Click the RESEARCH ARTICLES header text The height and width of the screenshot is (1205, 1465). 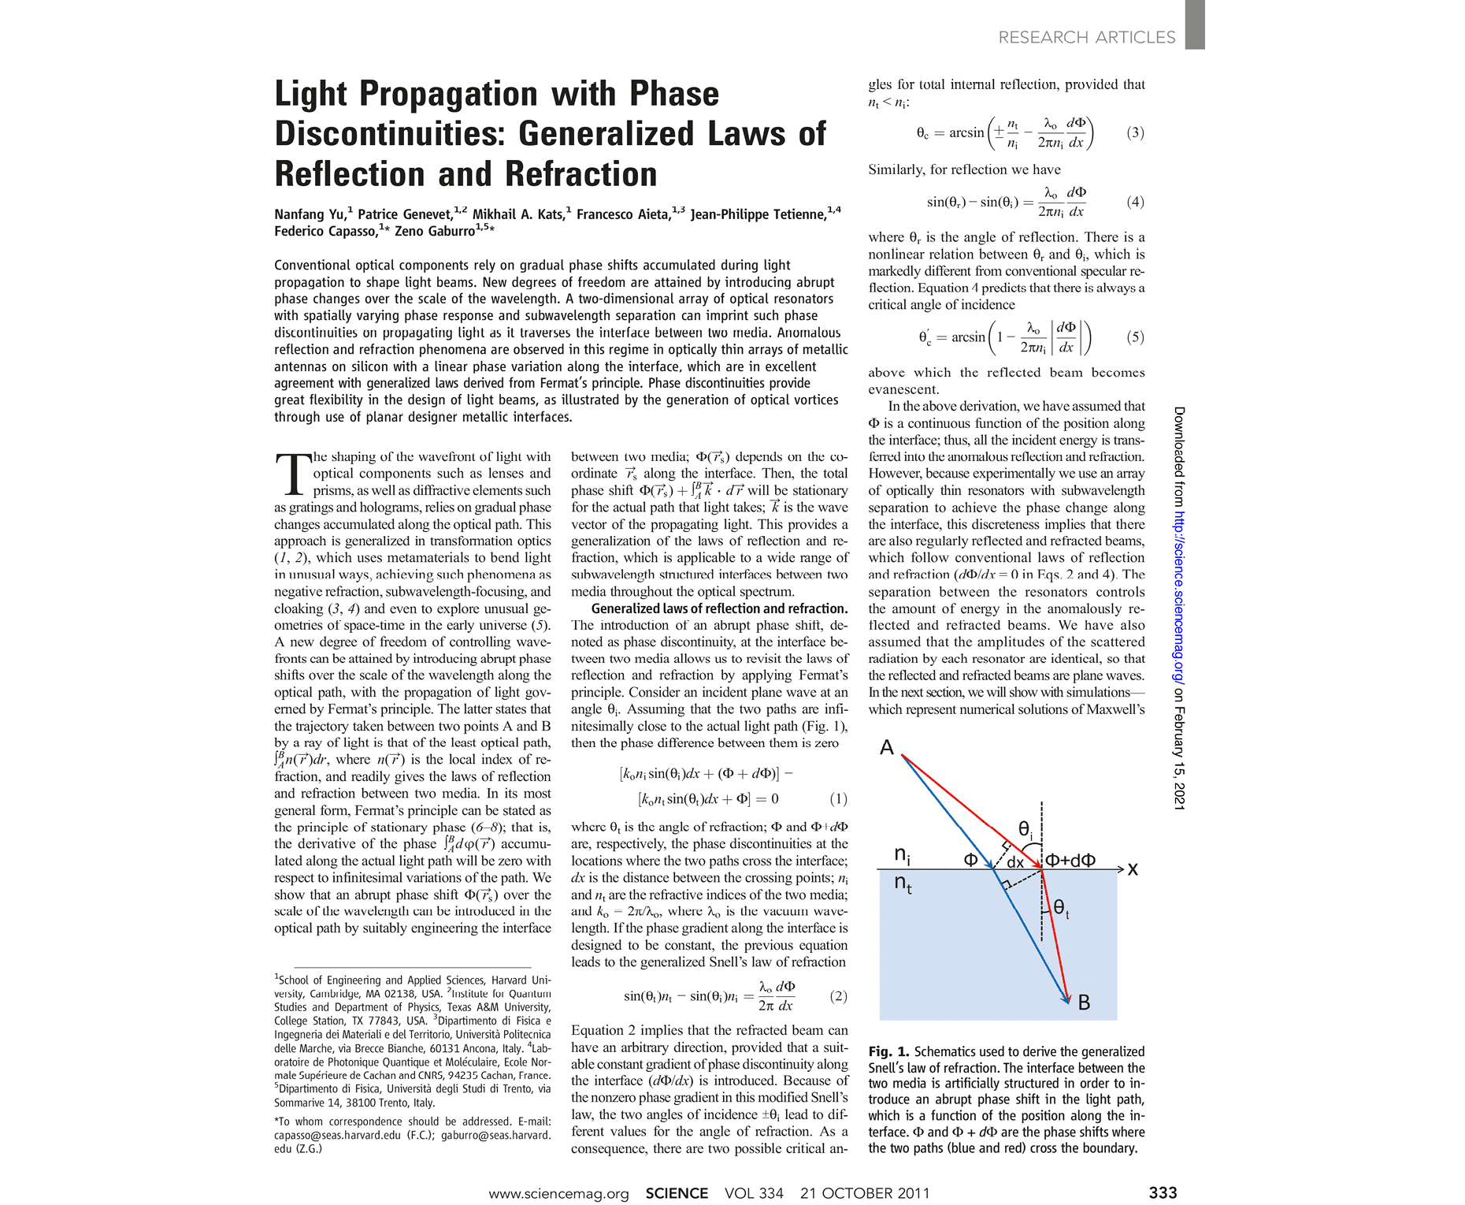1086,38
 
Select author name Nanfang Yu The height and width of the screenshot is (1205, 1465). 310,214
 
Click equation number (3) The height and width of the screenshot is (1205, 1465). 1134,132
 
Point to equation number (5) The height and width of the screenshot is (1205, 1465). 1134,337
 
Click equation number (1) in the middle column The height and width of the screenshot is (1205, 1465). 838,799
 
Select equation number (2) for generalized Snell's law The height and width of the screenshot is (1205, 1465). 838,996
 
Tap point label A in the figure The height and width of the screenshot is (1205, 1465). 887,747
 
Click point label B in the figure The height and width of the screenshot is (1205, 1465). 1084,1003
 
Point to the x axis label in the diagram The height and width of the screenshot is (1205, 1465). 1133,869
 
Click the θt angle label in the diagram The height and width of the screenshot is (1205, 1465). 1061,909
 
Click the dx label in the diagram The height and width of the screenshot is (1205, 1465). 1015,862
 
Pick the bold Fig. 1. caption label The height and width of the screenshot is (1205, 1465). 888,1052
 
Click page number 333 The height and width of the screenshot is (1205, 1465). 1163,1192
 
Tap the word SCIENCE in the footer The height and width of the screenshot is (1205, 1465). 677,1193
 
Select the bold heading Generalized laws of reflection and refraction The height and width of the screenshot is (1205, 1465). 719,608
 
